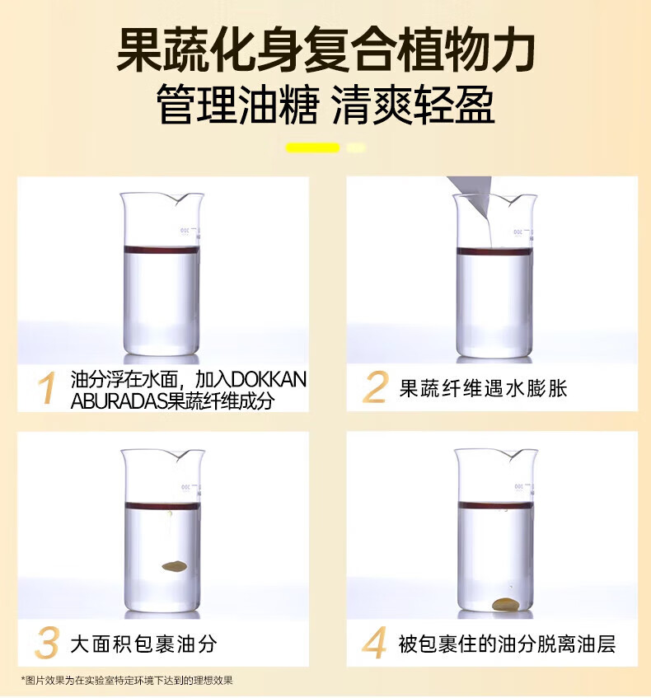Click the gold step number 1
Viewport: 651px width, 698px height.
48,387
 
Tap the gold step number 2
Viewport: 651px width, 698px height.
376,387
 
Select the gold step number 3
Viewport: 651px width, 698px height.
47,643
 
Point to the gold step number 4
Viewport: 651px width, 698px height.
374,643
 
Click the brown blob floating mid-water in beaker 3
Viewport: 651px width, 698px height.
174,566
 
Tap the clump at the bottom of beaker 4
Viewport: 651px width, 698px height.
505,604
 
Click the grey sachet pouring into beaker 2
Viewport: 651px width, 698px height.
471,196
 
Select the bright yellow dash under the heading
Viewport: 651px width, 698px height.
312,148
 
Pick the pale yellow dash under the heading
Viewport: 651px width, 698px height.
356,148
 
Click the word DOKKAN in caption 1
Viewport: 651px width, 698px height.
269,380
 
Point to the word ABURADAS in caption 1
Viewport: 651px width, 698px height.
119,401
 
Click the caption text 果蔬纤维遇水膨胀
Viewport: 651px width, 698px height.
483,388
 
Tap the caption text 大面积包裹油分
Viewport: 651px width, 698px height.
144,644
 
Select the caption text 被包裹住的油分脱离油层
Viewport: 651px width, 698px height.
507,644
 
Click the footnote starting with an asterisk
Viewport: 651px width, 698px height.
127,680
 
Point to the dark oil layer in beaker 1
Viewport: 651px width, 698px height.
162,249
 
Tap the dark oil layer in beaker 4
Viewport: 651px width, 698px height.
495,505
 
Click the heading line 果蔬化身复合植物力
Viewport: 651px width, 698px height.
325,49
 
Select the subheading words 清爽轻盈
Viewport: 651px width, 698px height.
414,105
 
